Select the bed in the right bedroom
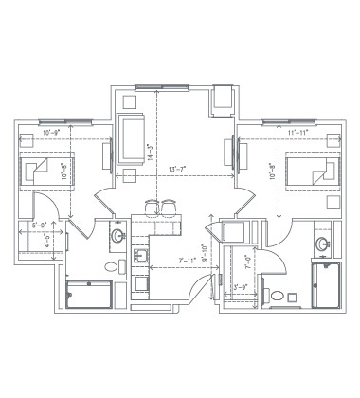(315, 172)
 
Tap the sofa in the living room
(130, 139)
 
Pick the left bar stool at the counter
(152, 207)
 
